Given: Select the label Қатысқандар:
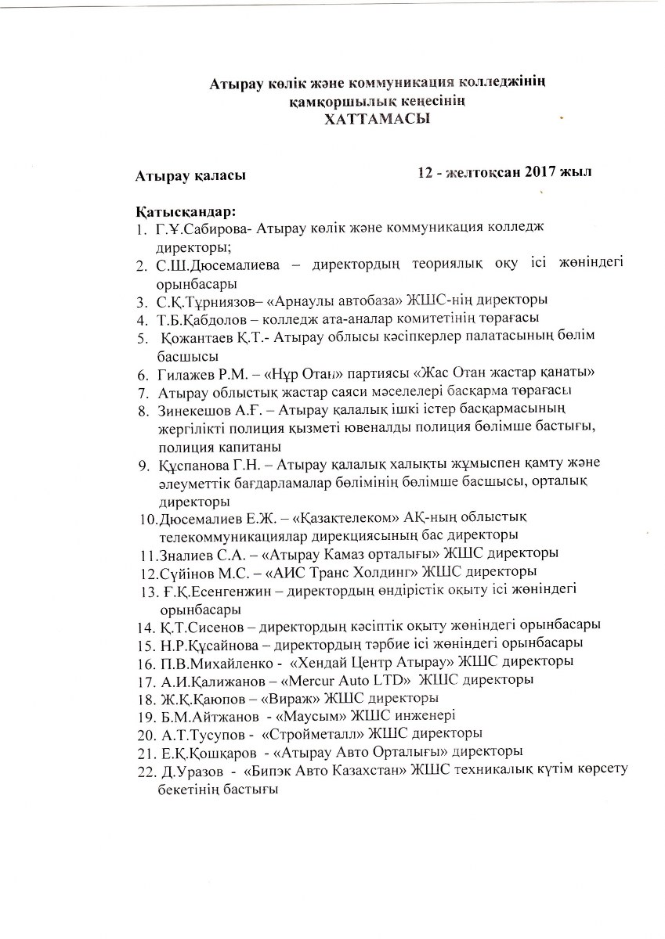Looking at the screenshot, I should [x=186, y=212].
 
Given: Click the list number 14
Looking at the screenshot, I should [x=144, y=626].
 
